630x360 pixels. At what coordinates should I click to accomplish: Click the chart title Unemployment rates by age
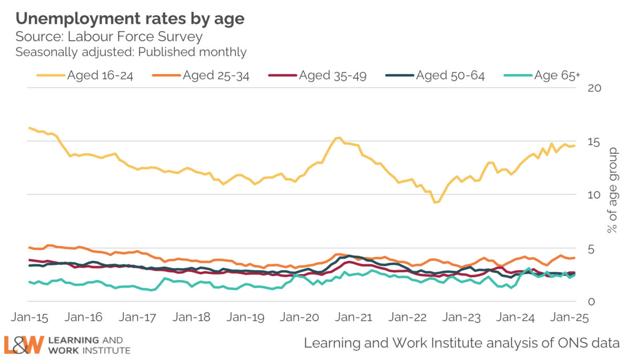pos(130,19)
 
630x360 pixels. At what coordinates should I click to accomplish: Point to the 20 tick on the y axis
pos(594,88)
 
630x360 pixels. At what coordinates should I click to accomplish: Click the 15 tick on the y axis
pos(594,142)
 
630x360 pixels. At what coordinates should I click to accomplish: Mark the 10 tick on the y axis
pos(594,195)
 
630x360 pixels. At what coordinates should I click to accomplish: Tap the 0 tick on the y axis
pos(591,302)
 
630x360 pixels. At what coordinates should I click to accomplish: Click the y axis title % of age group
pos(612,191)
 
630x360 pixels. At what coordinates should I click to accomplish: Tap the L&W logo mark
pos(23,345)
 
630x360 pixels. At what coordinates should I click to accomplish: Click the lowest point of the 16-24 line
pos(435,202)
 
